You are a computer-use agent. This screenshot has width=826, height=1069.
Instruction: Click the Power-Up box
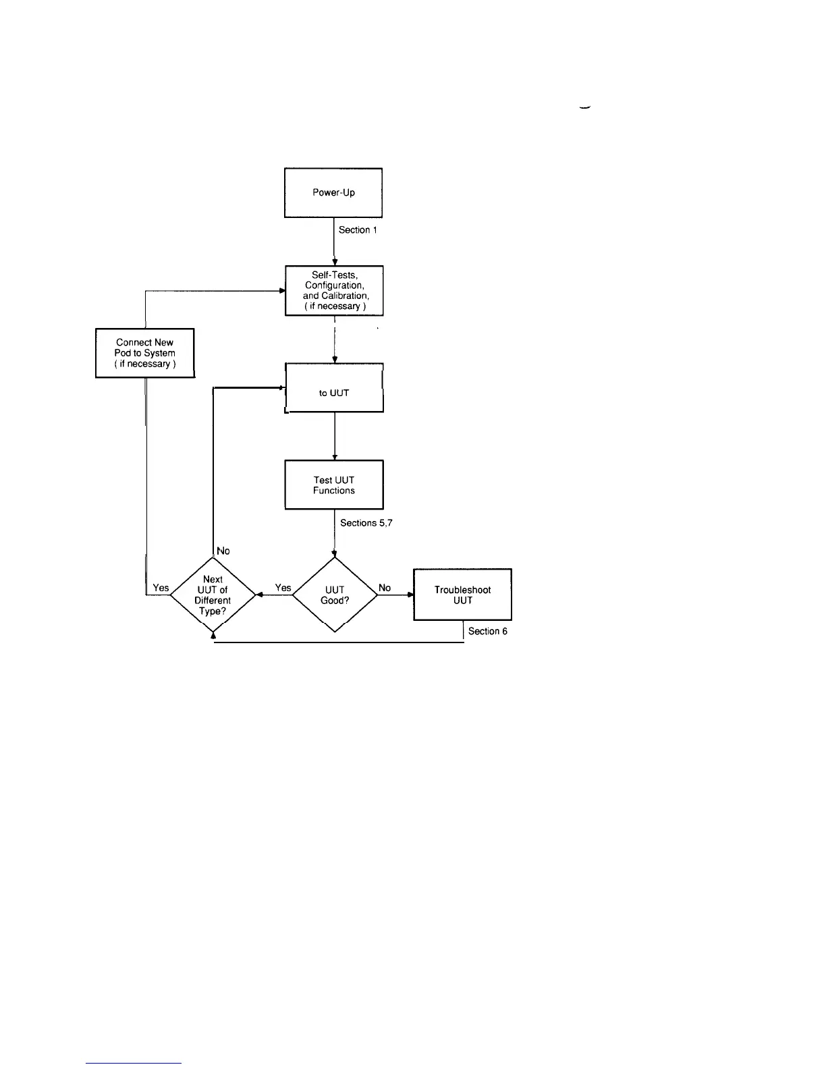point(333,192)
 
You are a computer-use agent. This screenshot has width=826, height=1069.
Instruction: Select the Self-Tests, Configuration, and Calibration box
point(334,290)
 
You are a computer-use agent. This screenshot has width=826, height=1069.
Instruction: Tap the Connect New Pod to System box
point(144,353)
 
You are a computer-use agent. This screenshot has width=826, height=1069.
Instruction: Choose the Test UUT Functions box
point(334,485)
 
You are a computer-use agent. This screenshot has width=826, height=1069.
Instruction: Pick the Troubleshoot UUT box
point(462,595)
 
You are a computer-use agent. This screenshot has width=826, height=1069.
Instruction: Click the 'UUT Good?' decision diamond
point(335,595)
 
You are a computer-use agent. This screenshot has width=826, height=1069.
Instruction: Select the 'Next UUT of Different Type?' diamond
point(213,595)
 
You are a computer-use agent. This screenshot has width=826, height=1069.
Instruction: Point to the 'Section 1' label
point(358,230)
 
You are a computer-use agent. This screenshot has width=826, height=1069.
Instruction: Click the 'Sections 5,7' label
point(366,523)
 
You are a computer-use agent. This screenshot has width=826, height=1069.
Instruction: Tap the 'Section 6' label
point(487,631)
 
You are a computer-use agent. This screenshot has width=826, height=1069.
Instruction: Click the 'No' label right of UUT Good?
point(385,588)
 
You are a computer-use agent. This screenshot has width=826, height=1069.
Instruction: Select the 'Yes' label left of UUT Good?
point(283,588)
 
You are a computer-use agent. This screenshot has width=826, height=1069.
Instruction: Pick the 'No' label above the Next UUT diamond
point(223,551)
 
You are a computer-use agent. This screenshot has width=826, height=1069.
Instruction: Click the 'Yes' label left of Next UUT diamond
point(161,588)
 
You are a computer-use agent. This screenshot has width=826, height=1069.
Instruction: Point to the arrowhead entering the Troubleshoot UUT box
point(410,595)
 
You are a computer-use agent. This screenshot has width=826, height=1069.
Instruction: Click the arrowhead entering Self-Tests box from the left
point(282,291)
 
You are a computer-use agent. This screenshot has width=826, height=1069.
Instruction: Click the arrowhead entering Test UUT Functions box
point(335,458)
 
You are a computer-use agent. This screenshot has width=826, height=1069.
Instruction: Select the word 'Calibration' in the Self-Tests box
point(345,296)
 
